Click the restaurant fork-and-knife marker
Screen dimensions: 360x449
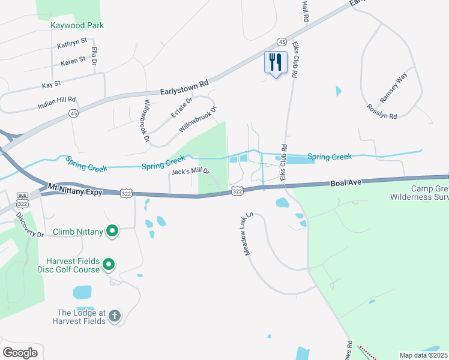click(x=276, y=62)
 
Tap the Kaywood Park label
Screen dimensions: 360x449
click(x=77, y=25)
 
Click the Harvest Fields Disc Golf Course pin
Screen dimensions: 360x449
click(x=109, y=264)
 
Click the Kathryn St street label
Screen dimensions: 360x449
click(x=72, y=45)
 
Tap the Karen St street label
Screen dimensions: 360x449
click(x=74, y=62)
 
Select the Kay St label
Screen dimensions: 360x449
click(x=51, y=85)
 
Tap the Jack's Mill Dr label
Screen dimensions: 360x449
click(x=191, y=172)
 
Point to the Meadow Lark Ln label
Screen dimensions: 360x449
click(x=249, y=233)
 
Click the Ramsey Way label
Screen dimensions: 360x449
click(x=393, y=88)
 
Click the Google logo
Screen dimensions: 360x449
click(x=20, y=352)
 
